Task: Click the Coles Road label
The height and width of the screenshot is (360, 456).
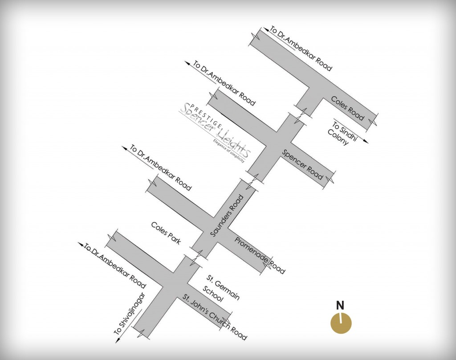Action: pos(348,108)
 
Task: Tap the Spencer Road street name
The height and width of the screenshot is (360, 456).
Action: pos(302,164)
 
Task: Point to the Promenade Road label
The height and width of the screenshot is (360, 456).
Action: pos(260,254)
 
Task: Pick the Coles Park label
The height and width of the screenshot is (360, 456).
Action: pos(166,233)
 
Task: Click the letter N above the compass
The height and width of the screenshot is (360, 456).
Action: pos(340,306)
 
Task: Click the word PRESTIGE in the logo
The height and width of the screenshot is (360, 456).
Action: pos(204,112)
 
